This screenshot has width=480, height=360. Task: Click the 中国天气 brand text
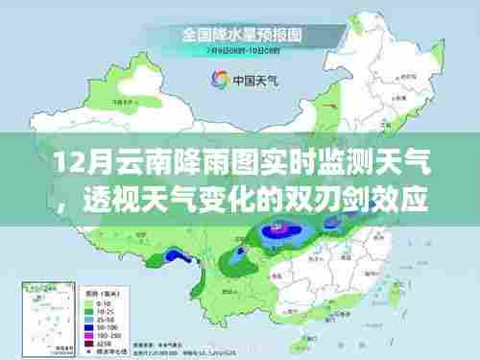pos(252,82)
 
